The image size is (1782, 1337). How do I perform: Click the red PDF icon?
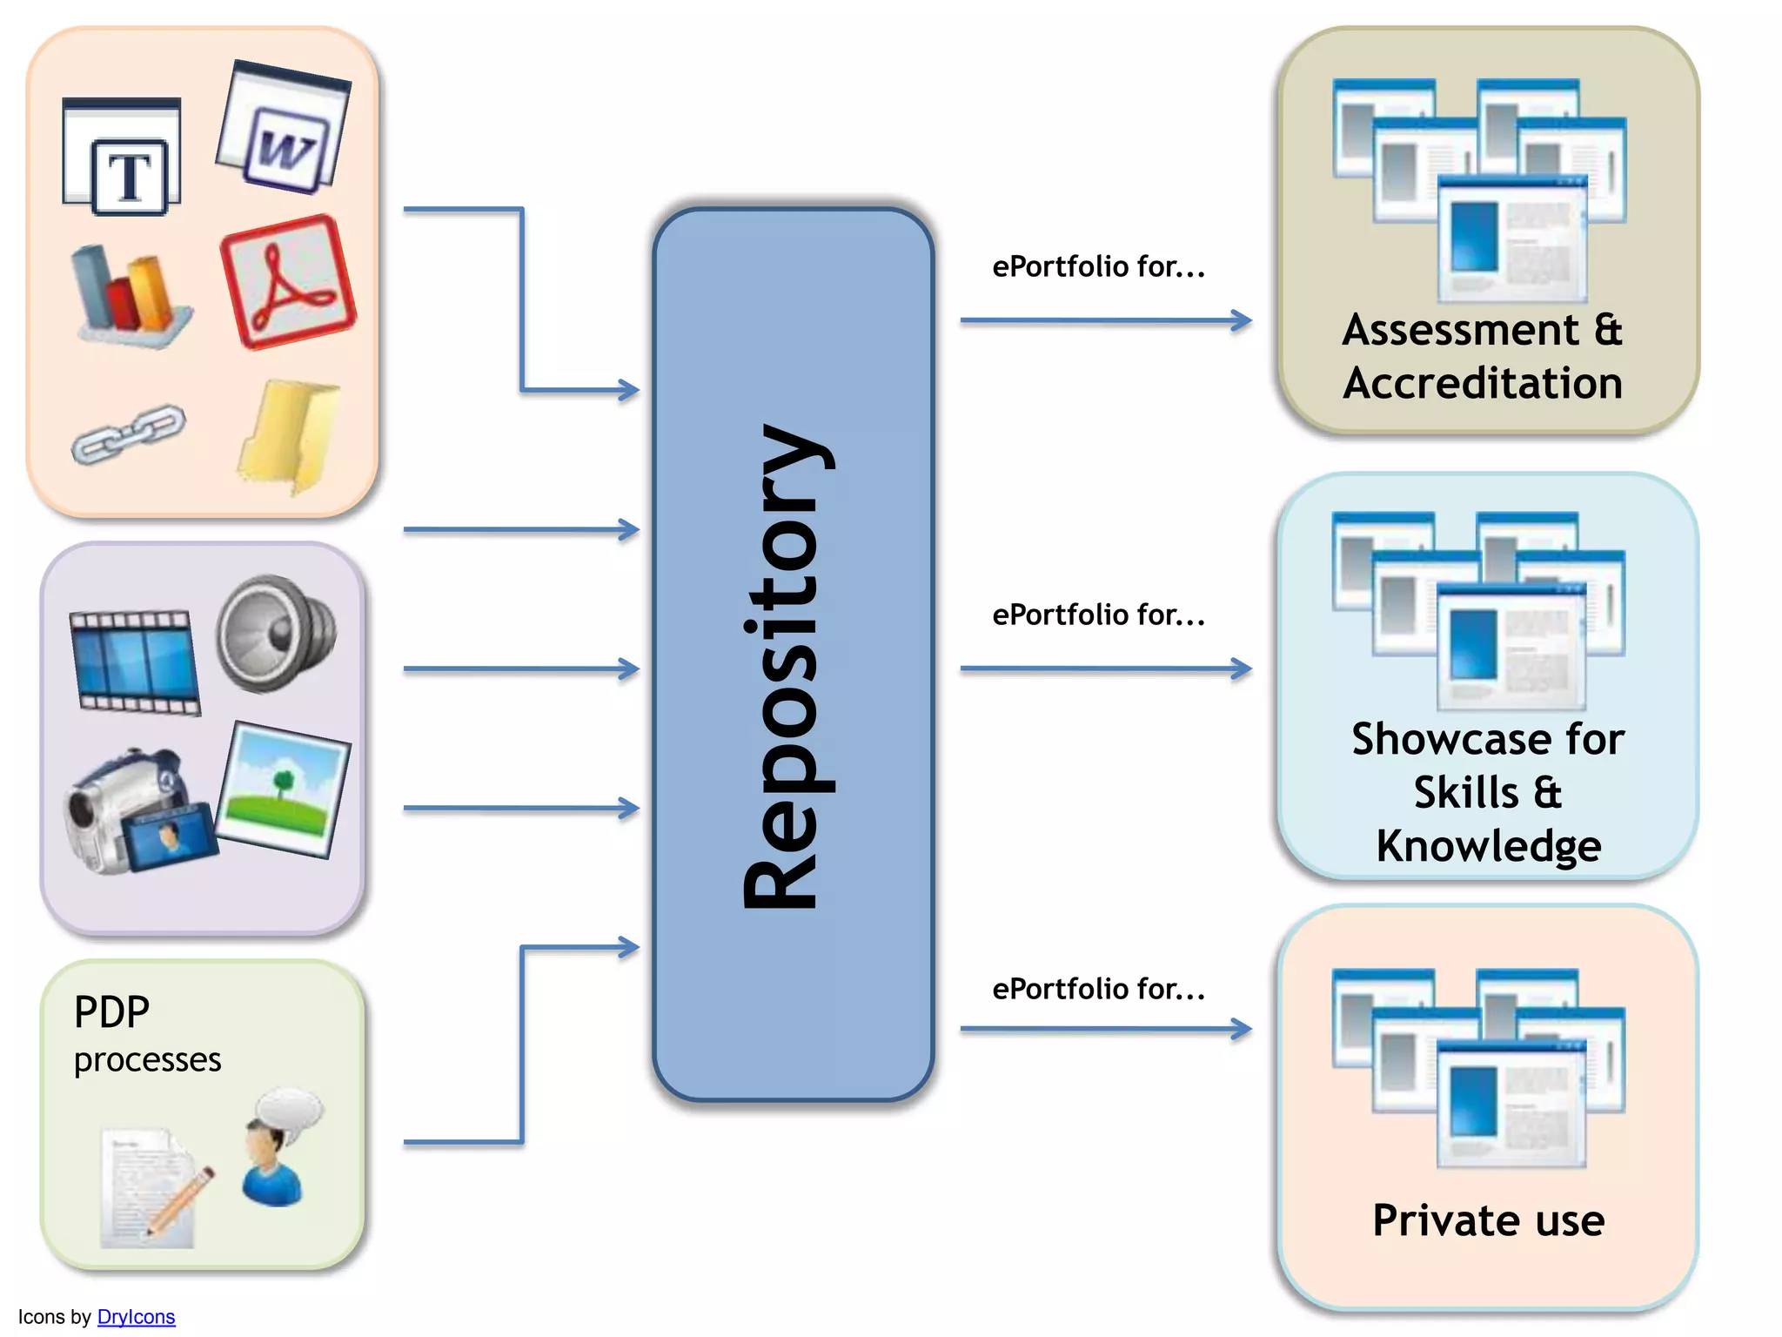point(287,281)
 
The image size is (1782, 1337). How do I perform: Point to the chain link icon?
point(128,433)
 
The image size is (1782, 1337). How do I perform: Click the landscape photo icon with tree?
point(284,789)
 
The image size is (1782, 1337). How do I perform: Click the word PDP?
point(111,1012)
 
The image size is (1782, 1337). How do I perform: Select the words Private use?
point(1488,1219)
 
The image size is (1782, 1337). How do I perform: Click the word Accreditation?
point(1483,383)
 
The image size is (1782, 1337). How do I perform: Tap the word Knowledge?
point(1488,846)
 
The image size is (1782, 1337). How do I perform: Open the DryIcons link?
point(136,1317)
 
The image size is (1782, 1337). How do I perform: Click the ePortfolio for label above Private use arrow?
point(1098,989)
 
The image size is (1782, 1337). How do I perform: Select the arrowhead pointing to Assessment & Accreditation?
point(1242,320)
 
